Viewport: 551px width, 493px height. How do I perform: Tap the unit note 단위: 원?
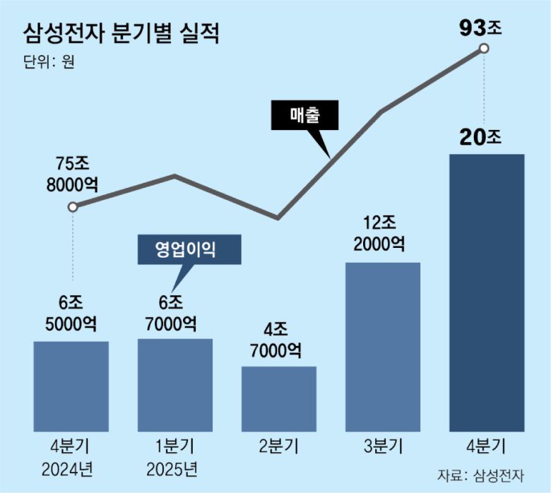pyautogui.click(x=48, y=61)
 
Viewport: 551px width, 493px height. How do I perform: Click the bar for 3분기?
pyautogui.click(x=382, y=346)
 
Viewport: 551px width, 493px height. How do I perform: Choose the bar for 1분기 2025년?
pyautogui.click(x=174, y=385)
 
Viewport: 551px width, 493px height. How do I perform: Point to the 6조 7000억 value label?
pyautogui.click(x=174, y=313)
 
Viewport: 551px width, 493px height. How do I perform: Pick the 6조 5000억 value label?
pyautogui.click(x=71, y=313)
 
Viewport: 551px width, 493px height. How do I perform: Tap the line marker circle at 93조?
pyautogui.click(x=484, y=49)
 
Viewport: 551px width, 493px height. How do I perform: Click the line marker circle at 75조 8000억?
pyautogui.click(x=72, y=208)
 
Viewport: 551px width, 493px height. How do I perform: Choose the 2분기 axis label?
pyautogui.click(x=278, y=446)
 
